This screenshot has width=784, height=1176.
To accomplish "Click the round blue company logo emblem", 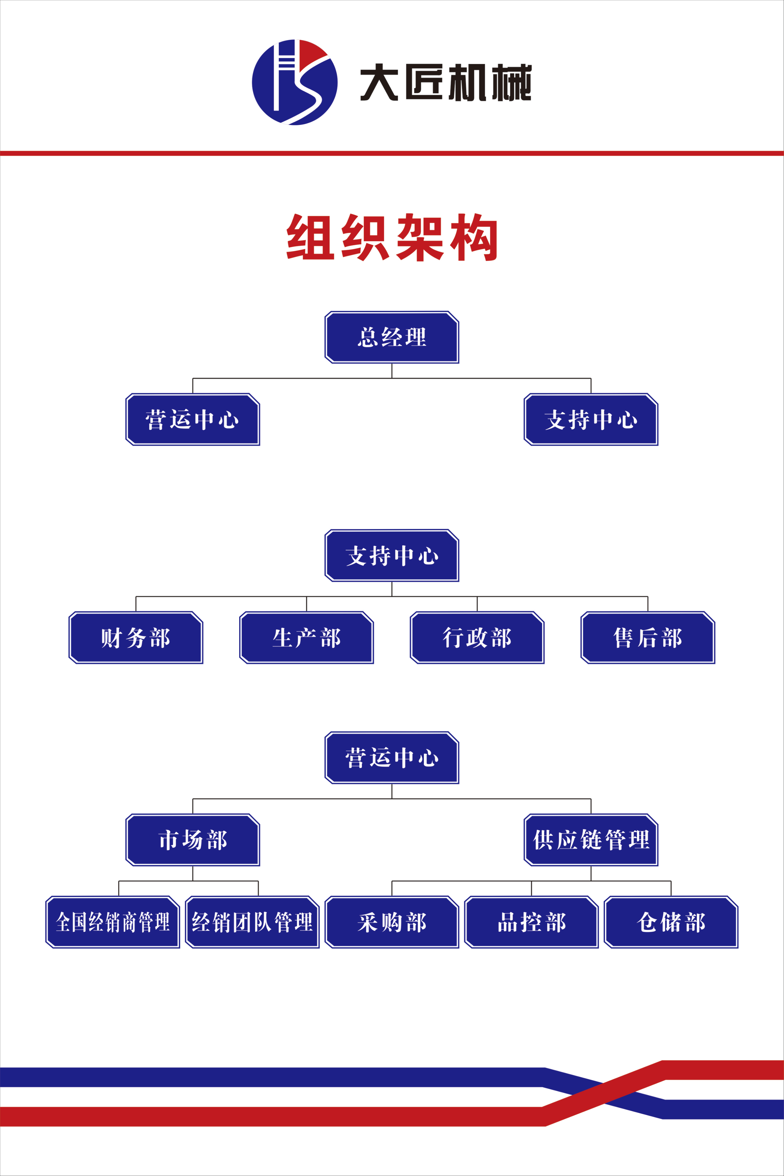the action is (x=294, y=82).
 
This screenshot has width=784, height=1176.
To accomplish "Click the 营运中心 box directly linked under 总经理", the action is (x=192, y=419).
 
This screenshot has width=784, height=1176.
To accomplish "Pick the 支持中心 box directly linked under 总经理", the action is (x=591, y=419).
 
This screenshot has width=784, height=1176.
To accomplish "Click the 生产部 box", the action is (x=306, y=638).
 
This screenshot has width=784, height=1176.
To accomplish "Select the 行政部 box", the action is (x=477, y=638).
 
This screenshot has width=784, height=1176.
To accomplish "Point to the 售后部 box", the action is (x=648, y=638).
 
